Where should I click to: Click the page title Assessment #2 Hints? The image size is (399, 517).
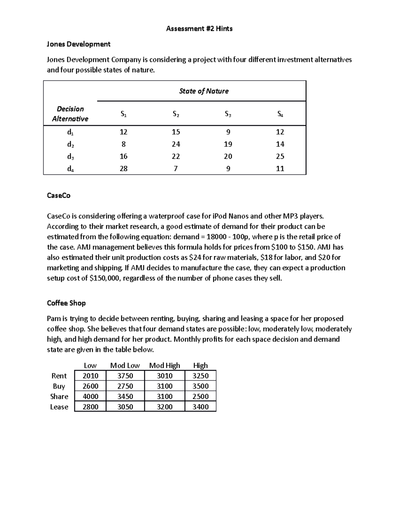[199, 29]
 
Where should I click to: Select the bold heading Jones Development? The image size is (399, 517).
[78, 44]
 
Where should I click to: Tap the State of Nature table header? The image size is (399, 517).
[203, 91]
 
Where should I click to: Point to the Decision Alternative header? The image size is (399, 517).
[70, 114]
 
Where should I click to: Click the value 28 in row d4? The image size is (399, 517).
[123, 169]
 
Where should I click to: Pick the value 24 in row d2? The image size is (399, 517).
[176, 144]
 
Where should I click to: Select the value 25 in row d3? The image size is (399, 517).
[280, 156]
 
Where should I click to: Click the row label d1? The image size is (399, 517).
[70, 132]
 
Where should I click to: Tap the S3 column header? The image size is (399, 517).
[228, 114]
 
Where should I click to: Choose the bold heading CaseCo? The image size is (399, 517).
[59, 196]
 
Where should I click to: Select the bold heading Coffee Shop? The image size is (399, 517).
[66, 303]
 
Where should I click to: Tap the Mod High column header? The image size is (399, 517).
[165, 366]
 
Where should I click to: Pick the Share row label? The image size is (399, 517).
[59, 396]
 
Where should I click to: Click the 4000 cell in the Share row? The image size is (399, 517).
[90, 396]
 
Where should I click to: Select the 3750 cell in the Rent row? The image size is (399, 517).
[125, 376]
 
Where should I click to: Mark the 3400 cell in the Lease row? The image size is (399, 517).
[200, 407]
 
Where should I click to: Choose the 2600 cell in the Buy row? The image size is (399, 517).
[90, 386]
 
